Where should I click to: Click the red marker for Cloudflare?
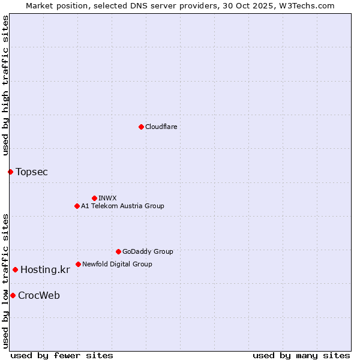click(x=141, y=127)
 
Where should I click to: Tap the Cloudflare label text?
click(x=161, y=127)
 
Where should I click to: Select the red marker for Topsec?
click(x=10, y=172)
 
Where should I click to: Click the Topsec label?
click(x=32, y=172)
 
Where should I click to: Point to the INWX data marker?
click(x=94, y=198)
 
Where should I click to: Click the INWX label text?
click(x=107, y=198)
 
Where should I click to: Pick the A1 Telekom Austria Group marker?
click(x=77, y=206)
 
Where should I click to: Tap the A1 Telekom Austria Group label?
click(x=122, y=206)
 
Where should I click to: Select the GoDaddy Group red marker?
click(x=118, y=251)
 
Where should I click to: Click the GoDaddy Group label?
click(x=148, y=251)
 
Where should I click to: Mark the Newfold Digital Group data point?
click(x=78, y=264)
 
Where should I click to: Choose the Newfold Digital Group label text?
click(x=117, y=264)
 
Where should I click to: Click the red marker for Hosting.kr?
click(x=15, y=269)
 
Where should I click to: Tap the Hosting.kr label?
click(x=45, y=270)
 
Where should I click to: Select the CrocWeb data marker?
click(x=13, y=295)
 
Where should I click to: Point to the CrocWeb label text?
click(x=39, y=296)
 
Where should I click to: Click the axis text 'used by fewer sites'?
click(x=62, y=355)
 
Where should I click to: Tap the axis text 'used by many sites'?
click(x=301, y=355)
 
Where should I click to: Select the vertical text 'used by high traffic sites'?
click(x=6, y=86)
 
